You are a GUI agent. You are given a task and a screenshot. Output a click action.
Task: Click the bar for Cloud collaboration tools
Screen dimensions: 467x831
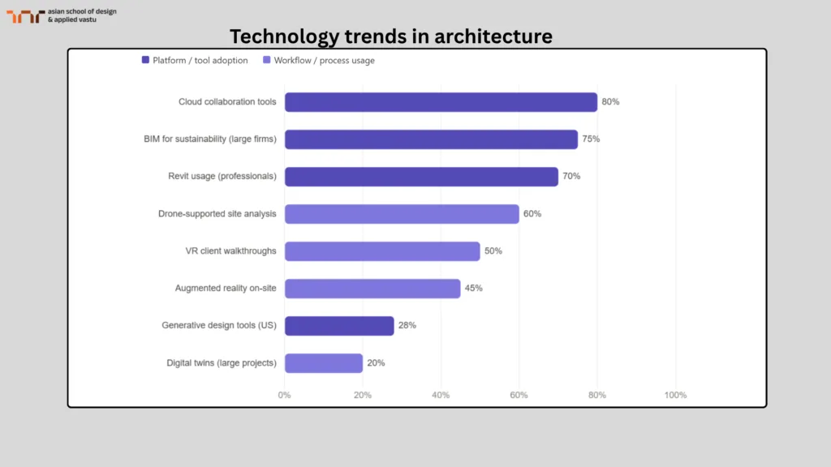click(x=441, y=102)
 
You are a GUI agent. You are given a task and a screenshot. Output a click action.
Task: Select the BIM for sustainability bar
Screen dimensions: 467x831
click(x=431, y=139)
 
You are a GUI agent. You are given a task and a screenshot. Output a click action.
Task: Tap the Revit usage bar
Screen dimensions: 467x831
click(x=421, y=177)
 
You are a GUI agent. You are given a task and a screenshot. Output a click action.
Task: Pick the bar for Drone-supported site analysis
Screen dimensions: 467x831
click(x=402, y=214)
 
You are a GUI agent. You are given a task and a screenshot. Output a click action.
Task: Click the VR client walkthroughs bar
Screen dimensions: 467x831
click(x=382, y=251)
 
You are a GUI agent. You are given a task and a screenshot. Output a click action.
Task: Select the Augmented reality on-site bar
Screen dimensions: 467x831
click(x=372, y=289)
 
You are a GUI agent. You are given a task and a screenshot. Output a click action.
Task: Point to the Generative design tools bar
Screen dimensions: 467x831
click(x=339, y=326)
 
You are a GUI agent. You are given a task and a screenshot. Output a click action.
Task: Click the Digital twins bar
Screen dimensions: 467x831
click(x=324, y=363)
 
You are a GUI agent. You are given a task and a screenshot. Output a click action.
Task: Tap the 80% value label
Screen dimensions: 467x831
click(x=610, y=102)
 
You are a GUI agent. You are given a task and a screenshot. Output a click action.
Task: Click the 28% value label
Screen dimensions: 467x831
click(x=407, y=326)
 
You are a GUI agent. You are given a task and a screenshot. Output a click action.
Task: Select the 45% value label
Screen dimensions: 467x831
click(x=473, y=289)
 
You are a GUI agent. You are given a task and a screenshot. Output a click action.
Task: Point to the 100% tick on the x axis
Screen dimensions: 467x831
click(x=675, y=395)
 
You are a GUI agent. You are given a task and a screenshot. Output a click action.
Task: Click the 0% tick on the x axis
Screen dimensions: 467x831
click(x=285, y=395)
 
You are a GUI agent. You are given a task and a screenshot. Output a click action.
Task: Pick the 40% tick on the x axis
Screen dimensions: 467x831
click(x=441, y=395)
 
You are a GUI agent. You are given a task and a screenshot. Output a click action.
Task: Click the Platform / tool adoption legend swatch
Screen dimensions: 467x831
click(x=145, y=60)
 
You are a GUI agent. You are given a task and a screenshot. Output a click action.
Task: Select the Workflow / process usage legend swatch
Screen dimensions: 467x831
click(x=266, y=60)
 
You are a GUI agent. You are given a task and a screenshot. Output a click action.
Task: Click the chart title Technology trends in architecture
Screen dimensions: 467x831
click(x=390, y=36)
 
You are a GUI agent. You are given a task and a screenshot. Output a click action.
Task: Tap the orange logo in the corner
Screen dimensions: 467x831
click(x=25, y=15)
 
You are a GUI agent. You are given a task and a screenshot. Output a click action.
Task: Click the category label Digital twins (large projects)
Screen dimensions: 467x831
click(x=221, y=363)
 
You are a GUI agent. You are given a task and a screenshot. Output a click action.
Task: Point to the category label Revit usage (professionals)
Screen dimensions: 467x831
click(x=222, y=177)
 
